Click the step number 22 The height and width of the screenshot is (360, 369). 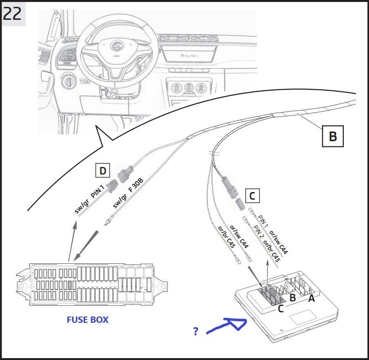tap(13, 13)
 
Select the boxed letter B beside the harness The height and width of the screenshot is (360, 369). tap(333, 136)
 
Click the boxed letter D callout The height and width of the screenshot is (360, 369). tap(102, 170)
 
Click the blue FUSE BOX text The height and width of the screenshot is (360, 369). tap(87, 319)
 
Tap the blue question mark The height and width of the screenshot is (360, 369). tap(196, 331)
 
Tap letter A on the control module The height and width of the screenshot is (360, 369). tap(311, 299)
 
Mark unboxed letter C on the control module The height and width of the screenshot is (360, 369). tap(280, 309)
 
